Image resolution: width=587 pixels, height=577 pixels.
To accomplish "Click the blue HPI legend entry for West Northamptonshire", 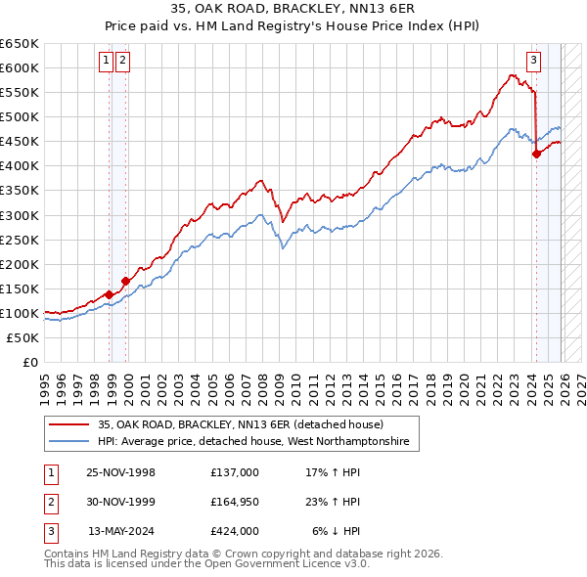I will [x=258, y=442].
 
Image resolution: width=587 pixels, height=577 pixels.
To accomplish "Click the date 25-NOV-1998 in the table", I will [x=121, y=472].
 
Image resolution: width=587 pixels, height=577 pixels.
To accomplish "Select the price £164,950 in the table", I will [x=235, y=502].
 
